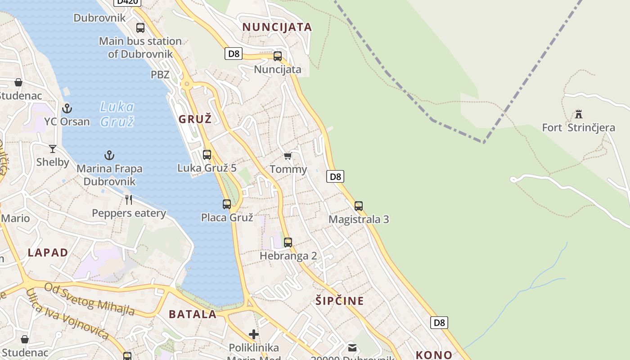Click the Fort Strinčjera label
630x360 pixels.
578,128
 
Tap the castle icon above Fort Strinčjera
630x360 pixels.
579,114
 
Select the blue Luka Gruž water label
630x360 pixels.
117,114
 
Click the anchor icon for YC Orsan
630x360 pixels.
67,108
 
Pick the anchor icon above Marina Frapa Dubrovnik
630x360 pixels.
109,156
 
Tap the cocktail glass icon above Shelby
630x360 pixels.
53,149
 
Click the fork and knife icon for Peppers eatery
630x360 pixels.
129,200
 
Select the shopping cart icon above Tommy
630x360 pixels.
288,156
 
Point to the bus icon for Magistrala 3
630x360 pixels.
359,206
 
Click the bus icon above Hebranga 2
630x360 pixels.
288,243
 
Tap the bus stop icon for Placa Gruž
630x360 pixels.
227,204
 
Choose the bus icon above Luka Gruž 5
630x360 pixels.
207,155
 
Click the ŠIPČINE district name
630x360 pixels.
339,301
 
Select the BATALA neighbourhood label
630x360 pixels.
193,314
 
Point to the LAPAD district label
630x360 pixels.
48,252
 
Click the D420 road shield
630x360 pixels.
127,2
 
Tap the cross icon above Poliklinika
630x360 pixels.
254,334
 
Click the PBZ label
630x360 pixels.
160,75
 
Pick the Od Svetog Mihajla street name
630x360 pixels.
90,298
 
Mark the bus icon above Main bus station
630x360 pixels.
140,28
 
